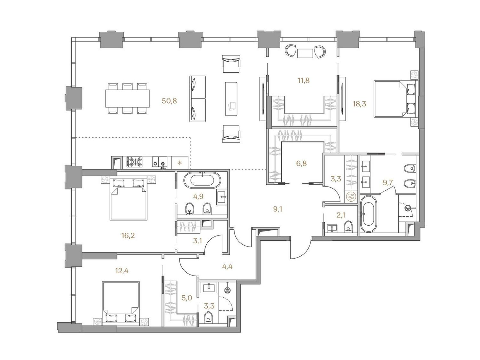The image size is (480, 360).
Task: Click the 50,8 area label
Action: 169,101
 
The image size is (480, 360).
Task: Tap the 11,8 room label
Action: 304,80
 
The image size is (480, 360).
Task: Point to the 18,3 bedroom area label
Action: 359,104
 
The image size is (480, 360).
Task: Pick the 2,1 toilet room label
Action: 341,215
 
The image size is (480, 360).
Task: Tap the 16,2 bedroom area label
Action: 128,236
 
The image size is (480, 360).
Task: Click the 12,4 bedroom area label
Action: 122,271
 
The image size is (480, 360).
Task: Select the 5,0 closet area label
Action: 187,298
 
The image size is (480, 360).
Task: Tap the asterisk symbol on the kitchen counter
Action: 180,163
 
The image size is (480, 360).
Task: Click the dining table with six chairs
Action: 127,98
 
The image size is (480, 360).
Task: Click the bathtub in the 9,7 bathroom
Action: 368,213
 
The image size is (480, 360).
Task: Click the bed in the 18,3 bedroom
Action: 395,99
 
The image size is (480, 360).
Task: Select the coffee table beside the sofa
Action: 231,99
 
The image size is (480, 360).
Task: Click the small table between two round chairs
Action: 305,53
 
